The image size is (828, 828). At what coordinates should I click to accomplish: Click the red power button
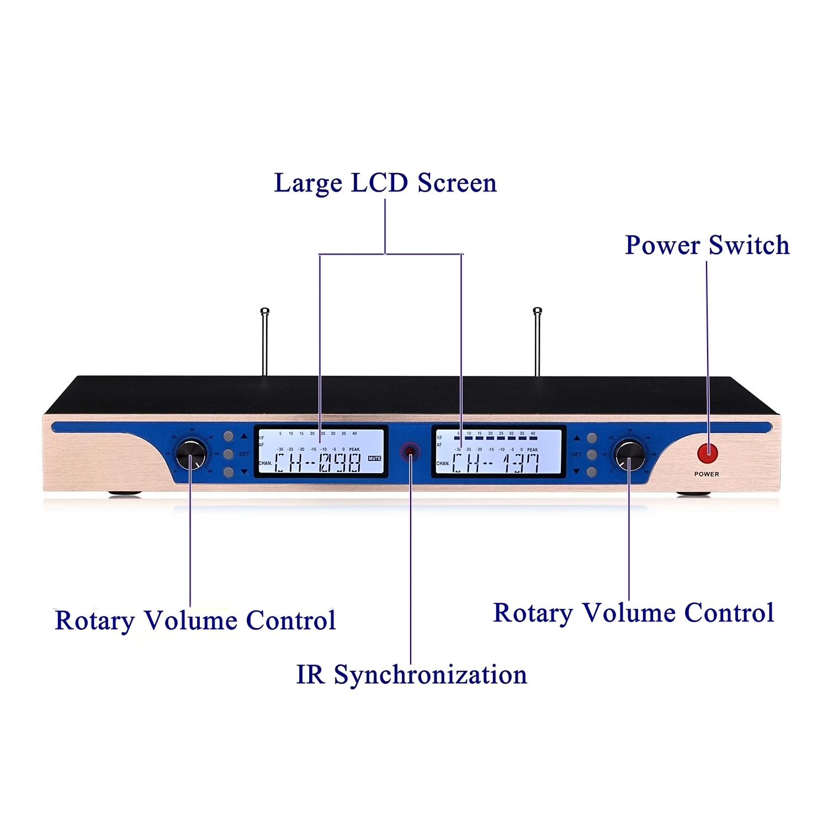tap(707, 453)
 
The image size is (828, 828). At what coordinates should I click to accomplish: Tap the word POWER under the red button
tap(707, 474)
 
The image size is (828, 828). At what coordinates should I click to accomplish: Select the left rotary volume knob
tap(191, 455)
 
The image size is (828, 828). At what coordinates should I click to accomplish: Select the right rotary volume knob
tap(630, 456)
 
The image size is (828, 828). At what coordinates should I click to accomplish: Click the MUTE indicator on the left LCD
tap(374, 458)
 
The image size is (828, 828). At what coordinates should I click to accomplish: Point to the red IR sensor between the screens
tap(410, 452)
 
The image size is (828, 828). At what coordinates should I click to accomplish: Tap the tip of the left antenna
tap(265, 310)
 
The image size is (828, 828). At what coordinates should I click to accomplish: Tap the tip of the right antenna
tap(538, 310)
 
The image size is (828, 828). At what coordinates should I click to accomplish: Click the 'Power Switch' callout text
tap(707, 245)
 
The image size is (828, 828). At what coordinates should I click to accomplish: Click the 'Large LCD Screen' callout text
tap(385, 183)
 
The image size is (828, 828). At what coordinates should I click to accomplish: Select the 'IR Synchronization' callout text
tap(411, 675)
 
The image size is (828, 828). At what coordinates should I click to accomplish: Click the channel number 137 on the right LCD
tap(520, 463)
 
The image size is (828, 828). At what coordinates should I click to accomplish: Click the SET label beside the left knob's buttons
tap(244, 454)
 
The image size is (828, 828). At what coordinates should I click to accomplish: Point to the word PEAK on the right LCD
tap(532, 449)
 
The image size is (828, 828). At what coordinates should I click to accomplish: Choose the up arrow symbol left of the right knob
tap(577, 438)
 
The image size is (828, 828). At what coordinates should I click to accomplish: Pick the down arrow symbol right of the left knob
tap(244, 472)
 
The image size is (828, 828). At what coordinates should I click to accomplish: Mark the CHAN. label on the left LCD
tap(265, 463)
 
